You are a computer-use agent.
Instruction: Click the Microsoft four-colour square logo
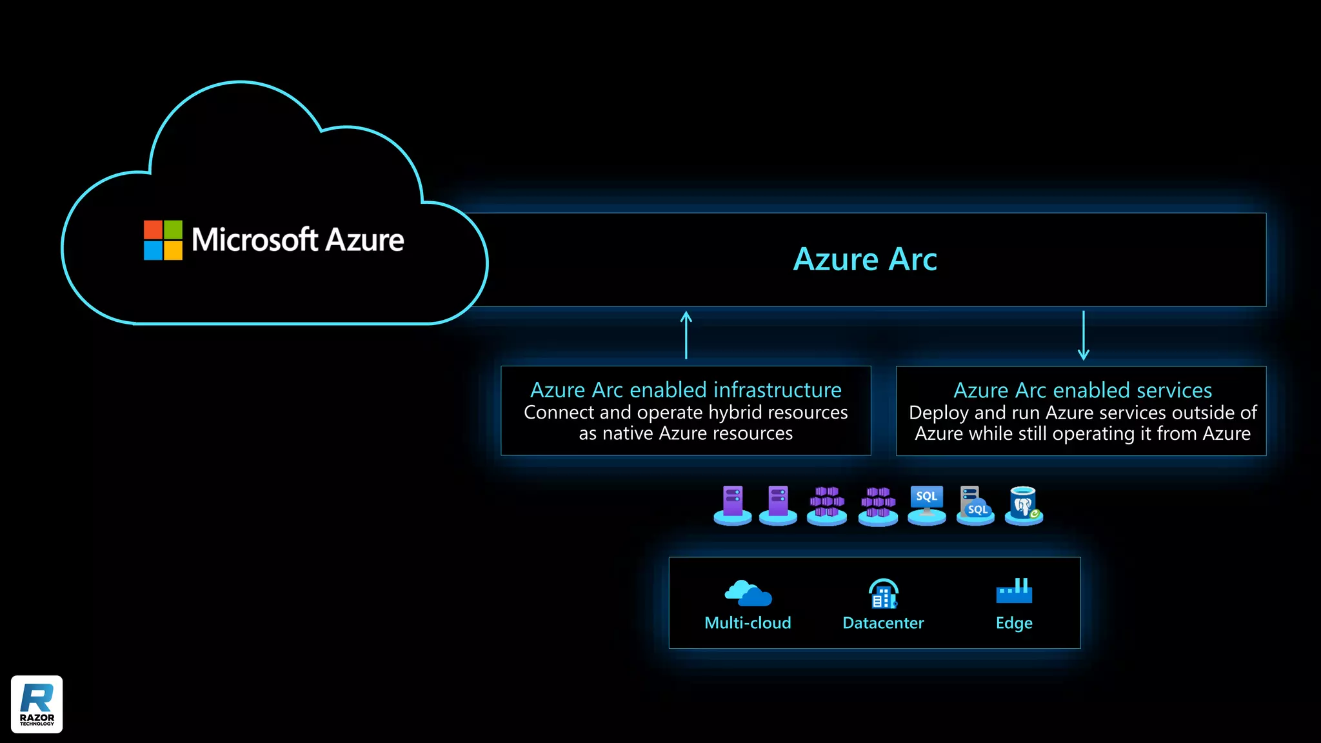[x=163, y=240]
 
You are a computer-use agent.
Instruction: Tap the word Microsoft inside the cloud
[x=255, y=240]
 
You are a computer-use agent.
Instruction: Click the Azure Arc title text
[x=864, y=259]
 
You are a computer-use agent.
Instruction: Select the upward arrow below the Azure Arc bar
[x=686, y=335]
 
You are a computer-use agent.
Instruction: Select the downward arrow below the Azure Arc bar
[x=1084, y=335]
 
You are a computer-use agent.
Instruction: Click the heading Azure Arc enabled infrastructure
[x=686, y=390]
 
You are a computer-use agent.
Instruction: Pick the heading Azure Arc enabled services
[x=1082, y=390]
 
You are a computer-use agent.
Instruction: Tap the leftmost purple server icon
[x=733, y=504]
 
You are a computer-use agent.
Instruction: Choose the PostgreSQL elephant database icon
[x=1024, y=505]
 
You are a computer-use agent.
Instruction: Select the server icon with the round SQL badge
[x=975, y=505]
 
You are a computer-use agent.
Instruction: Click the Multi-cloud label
[x=748, y=623]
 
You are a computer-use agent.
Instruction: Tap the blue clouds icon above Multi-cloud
[x=748, y=593]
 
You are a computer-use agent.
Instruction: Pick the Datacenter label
[x=883, y=623]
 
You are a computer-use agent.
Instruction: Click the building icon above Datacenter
[x=883, y=593]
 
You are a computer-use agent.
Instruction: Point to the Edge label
[x=1014, y=623]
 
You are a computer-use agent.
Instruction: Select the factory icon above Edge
[x=1014, y=591]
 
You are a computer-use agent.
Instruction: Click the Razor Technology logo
[x=37, y=704]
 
